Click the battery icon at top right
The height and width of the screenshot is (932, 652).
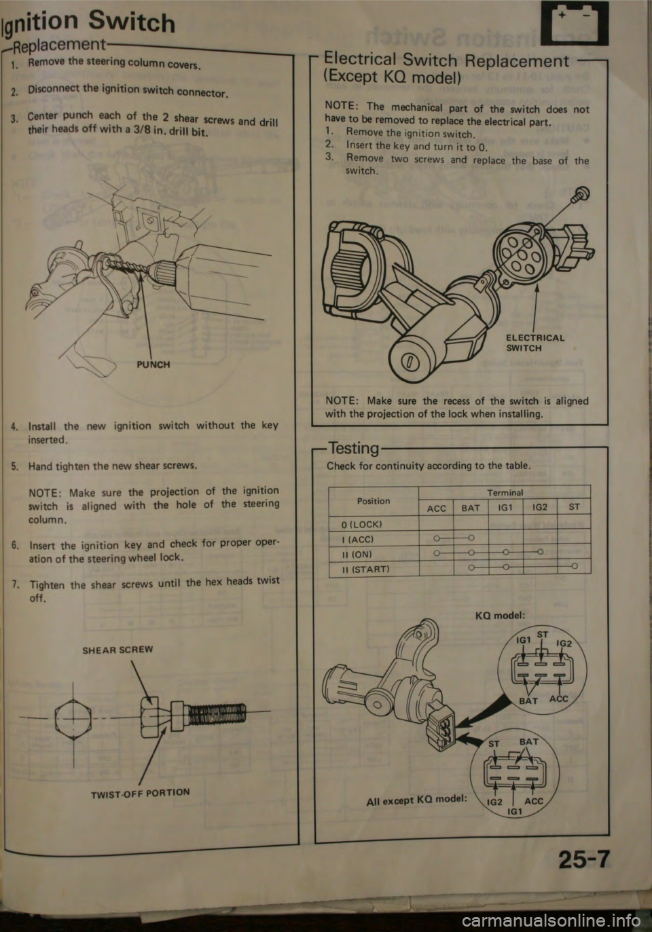(575, 23)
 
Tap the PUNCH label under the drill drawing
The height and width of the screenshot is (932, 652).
(153, 365)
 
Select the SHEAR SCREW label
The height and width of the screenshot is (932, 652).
(117, 650)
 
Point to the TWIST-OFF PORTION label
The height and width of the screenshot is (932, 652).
(141, 794)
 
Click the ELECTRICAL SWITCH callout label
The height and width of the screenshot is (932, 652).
(535, 343)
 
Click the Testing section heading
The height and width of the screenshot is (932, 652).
(354, 449)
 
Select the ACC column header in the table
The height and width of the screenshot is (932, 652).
(436, 508)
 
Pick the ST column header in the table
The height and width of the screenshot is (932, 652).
(574, 507)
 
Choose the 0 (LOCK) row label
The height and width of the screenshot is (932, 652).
(361, 525)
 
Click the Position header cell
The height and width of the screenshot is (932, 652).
(374, 501)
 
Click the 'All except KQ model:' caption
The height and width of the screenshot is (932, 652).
(416, 800)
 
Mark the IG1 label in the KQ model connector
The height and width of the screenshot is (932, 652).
(523, 640)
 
